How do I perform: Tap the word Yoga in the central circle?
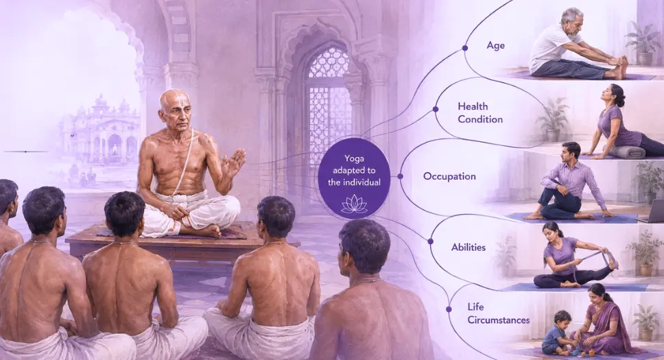(x=354, y=159)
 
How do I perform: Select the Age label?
(x=495, y=46)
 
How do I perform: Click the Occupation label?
(x=449, y=176)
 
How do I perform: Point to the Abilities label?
(x=469, y=248)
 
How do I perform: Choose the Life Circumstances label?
(x=499, y=313)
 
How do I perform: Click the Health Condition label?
(x=480, y=112)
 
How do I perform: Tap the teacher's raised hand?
(x=234, y=161)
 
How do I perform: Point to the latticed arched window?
(x=329, y=106)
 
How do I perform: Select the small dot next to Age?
(x=465, y=48)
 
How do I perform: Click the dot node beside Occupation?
(x=400, y=176)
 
